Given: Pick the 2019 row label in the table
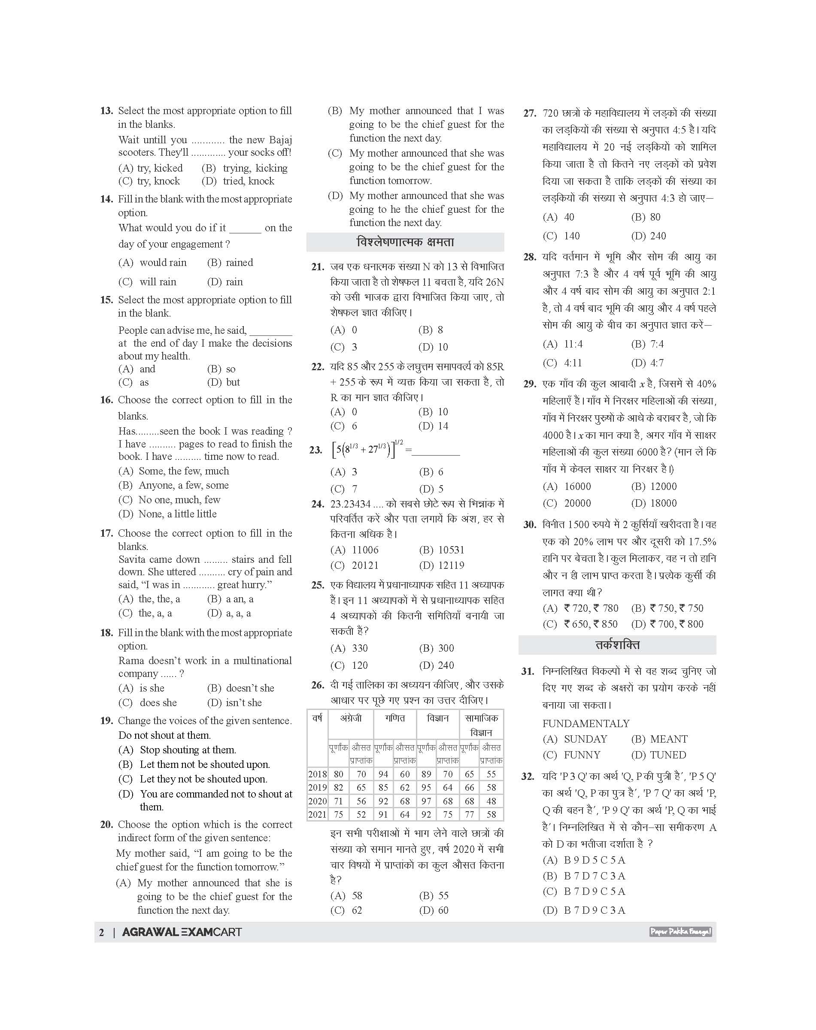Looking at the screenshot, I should click(317, 788).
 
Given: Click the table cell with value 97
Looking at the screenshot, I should click(426, 801).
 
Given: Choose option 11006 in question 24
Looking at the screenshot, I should click(365, 550).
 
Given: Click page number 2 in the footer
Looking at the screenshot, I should click(101, 932).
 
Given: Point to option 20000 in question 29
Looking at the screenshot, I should click(577, 503).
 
